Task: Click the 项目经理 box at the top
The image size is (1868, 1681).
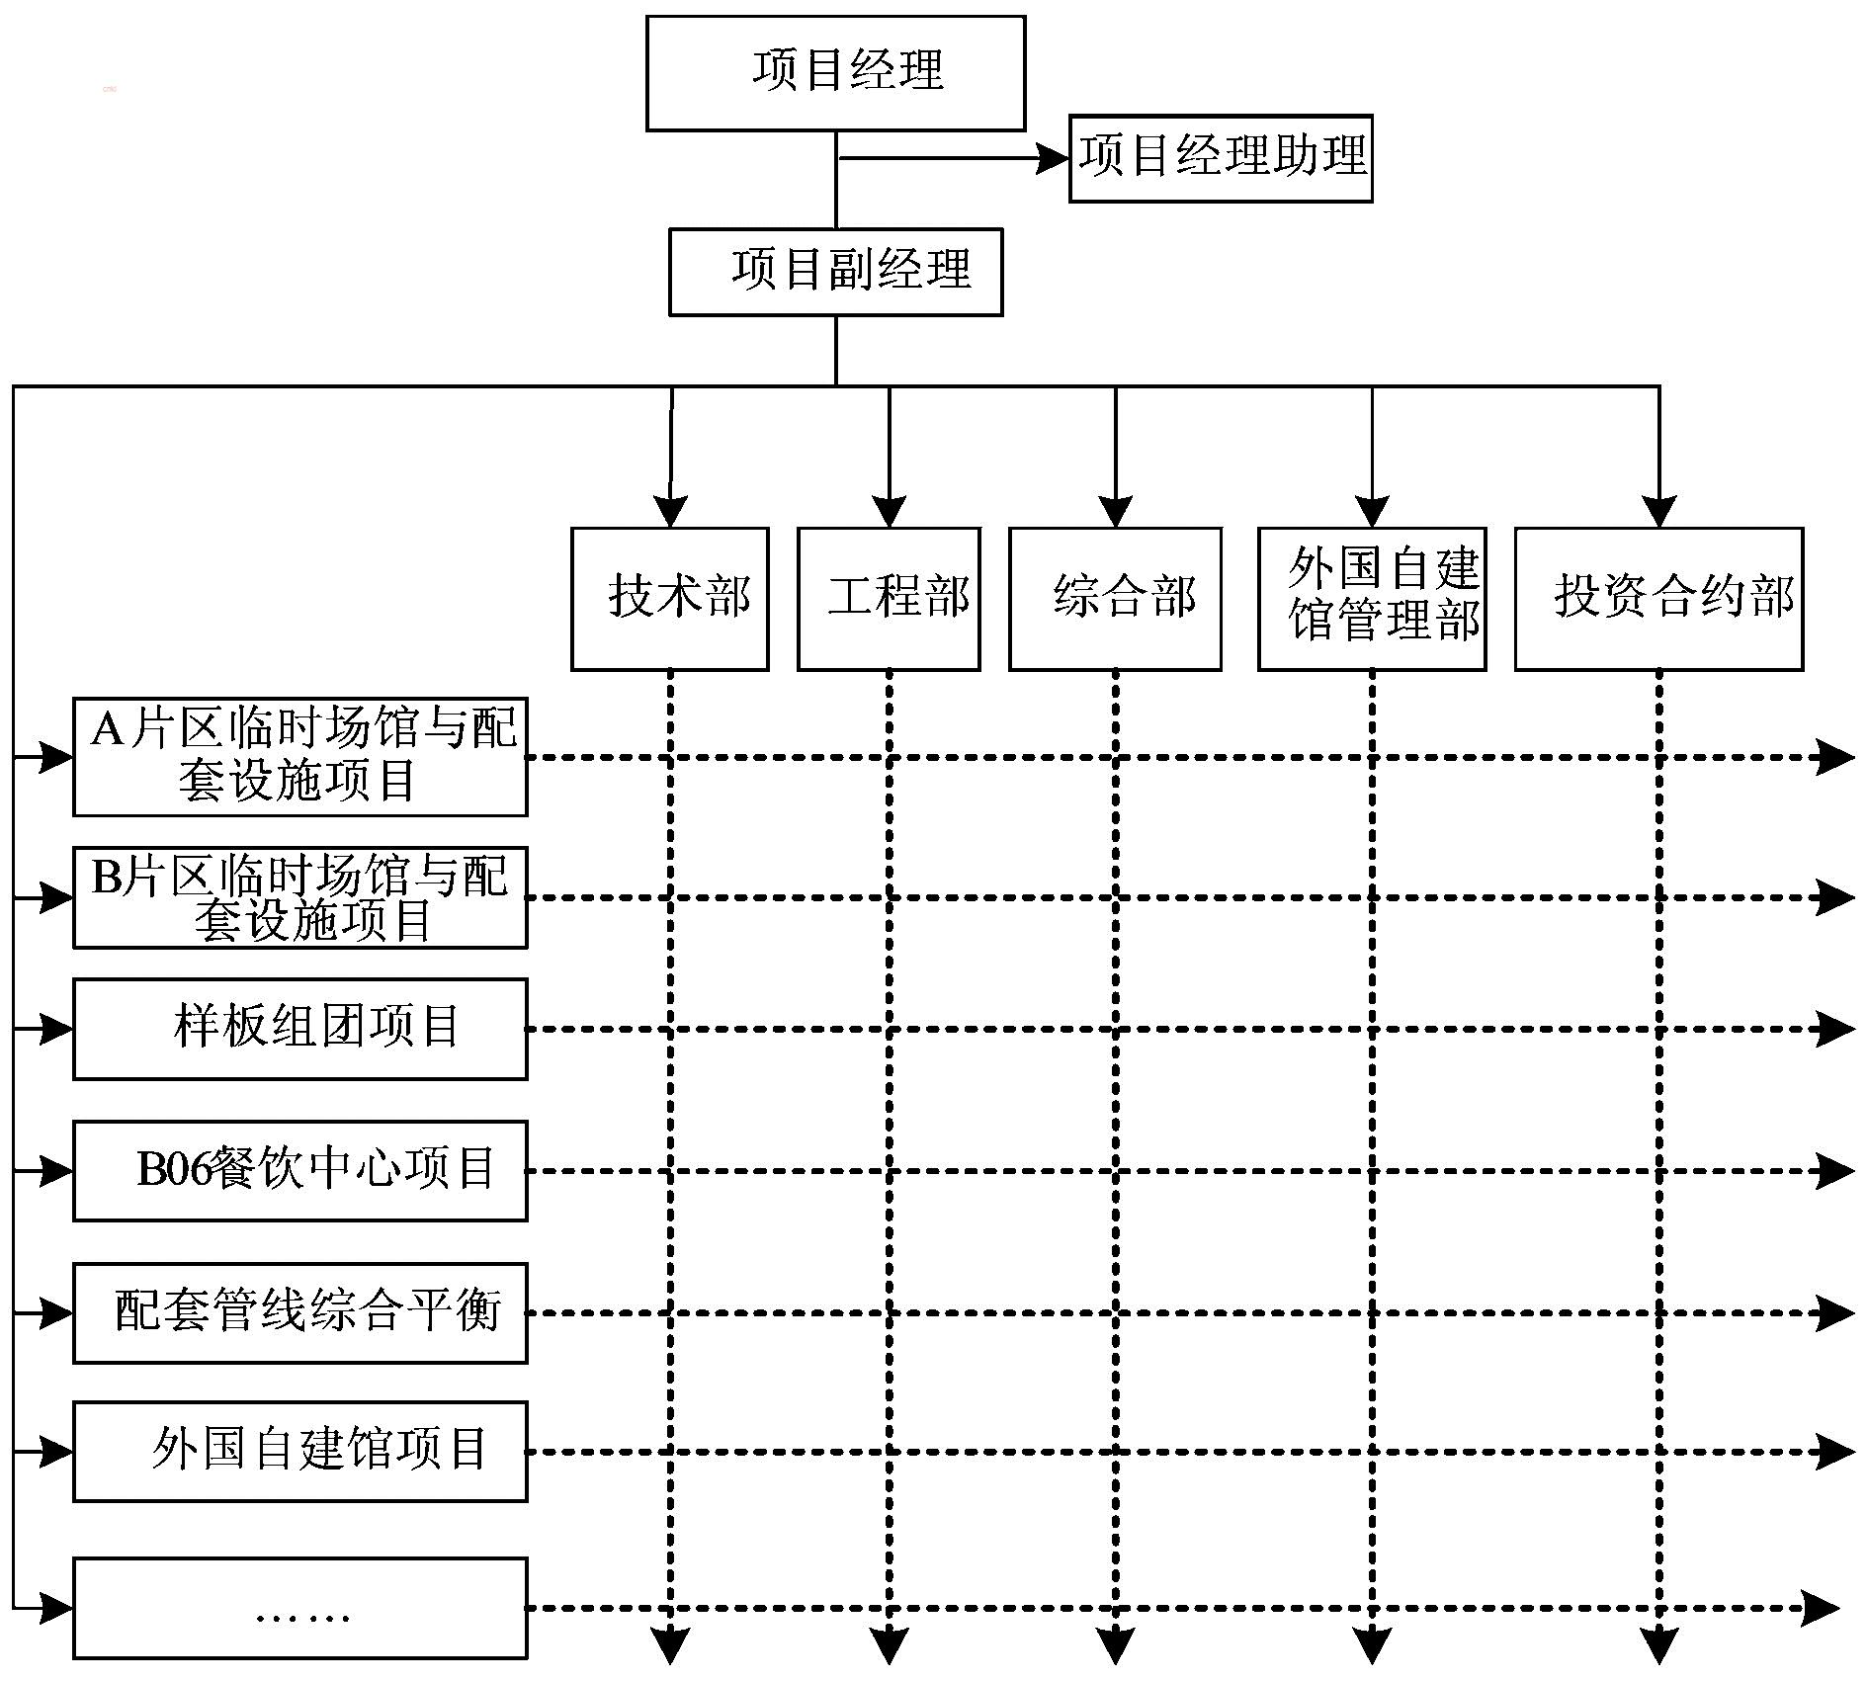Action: [x=835, y=73]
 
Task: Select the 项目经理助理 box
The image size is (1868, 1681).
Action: [x=1221, y=158]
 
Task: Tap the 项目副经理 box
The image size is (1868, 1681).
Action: [x=835, y=273]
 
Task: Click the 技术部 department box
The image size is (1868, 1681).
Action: [x=669, y=599]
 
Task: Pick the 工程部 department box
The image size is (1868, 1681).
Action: [x=889, y=599]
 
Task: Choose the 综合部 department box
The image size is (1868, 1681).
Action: [x=1115, y=599]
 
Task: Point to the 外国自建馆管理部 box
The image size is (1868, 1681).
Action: [x=1372, y=599]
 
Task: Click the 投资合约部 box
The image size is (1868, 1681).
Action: [x=1658, y=599]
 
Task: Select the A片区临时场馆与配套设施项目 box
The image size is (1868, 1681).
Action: [x=299, y=757]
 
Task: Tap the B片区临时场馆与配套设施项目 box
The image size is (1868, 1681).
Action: [x=299, y=897]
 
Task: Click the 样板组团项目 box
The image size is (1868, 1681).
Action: [x=299, y=1029]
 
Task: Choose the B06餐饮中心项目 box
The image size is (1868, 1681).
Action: [x=299, y=1171]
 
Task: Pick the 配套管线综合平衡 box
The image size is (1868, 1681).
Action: [x=299, y=1313]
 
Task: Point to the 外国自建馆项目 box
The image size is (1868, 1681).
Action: [x=299, y=1452]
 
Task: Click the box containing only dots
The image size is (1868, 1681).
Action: [x=299, y=1608]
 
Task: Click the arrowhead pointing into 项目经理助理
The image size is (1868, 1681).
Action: [x=1053, y=158]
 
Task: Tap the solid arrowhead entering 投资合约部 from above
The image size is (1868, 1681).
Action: [x=1658, y=512]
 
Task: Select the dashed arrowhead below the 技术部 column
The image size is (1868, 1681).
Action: [x=670, y=1646]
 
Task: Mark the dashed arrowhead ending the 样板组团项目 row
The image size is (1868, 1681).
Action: [x=1836, y=1029]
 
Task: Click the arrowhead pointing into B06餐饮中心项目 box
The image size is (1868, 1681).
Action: [x=56, y=1171]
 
